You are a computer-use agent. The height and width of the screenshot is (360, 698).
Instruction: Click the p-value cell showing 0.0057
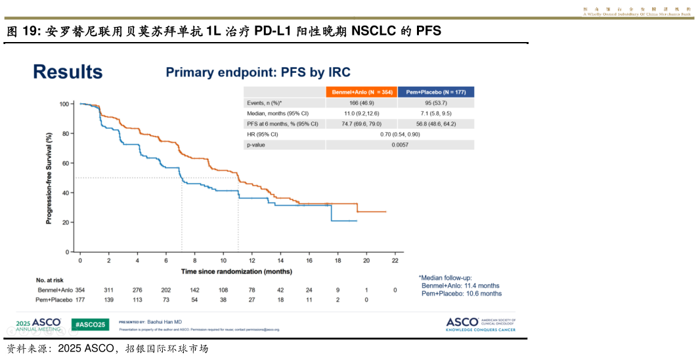400,145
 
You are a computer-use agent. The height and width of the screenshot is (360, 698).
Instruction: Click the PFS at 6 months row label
282,124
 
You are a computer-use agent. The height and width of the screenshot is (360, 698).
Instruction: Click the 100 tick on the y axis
64,104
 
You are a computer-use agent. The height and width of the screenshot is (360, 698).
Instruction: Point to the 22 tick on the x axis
395,261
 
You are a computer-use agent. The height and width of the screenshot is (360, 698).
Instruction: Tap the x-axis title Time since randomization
237,271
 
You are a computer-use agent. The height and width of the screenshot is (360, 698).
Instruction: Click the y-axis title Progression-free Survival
49,178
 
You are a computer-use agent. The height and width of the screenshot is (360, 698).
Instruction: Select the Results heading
68,72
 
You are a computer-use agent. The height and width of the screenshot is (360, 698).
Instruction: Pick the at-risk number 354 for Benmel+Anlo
80,290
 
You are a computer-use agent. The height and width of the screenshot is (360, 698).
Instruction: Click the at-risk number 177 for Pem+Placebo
80,300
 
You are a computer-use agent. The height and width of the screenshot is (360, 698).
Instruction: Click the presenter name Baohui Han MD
164,323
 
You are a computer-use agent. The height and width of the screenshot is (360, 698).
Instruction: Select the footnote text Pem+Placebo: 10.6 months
461,294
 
